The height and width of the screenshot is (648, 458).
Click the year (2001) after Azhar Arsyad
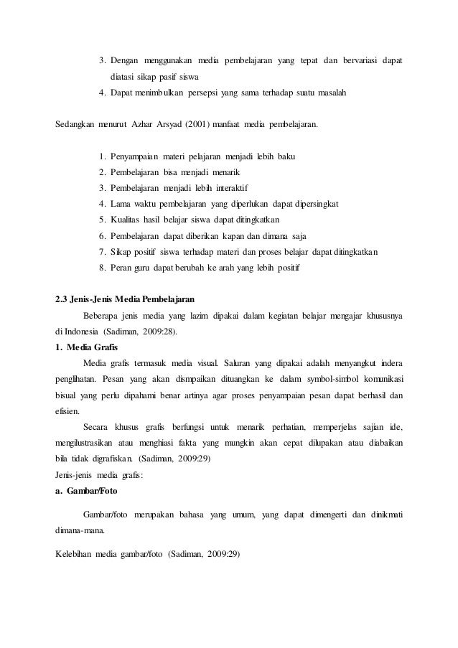[197, 124]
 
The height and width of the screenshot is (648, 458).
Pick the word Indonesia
[81, 332]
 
